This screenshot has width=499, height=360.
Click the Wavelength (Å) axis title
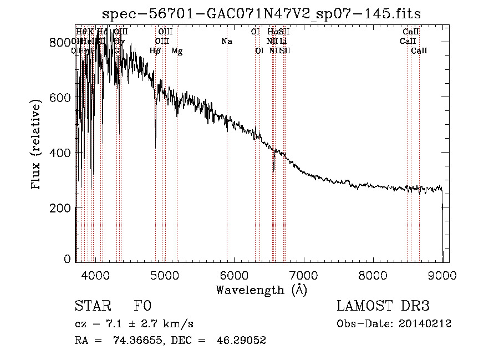pyautogui.click(x=261, y=290)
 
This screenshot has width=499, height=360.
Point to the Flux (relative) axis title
pyautogui.click(x=37, y=145)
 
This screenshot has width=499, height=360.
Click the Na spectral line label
pyautogui.click(x=226, y=41)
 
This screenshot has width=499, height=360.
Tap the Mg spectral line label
pyautogui.click(x=177, y=51)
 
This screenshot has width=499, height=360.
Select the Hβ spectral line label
pyautogui.click(x=155, y=51)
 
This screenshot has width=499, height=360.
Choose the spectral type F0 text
pyautogui.click(x=142, y=307)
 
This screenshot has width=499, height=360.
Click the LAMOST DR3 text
pyautogui.click(x=383, y=307)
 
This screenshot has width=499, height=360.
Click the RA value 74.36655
pyautogui.click(x=140, y=341)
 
